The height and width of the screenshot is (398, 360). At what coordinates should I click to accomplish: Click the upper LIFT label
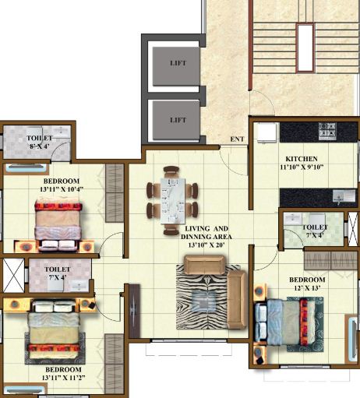tap(178, 62)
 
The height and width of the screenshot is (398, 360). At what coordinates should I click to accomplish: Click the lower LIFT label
tap(178, 121)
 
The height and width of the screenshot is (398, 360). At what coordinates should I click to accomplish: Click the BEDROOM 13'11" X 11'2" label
tap(53, 373)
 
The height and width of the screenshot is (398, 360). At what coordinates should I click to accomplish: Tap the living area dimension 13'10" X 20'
tap(211, 245)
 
